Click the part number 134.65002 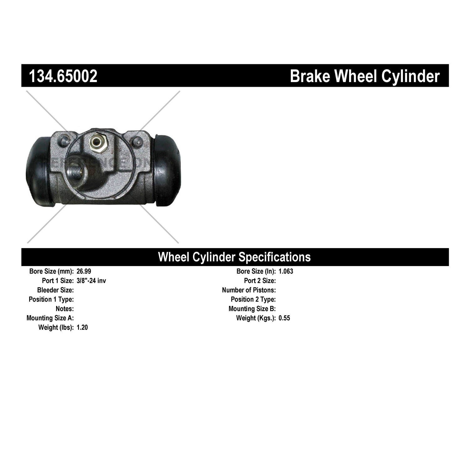point(63,76)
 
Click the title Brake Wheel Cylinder point(365,76)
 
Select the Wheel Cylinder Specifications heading point(234,257)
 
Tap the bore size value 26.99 point(84,271)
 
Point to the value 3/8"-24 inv point(91,280)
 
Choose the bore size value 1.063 point(286,271)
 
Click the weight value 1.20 point(82,327)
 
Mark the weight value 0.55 point(284,318)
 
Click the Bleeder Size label point(55,290)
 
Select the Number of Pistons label point(249,290)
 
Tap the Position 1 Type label point(51,300)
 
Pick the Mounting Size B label point(252,309)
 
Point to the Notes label point(65,309)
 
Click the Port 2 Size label point(260,280)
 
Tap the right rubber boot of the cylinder point(167,171)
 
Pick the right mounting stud point(136,141)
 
